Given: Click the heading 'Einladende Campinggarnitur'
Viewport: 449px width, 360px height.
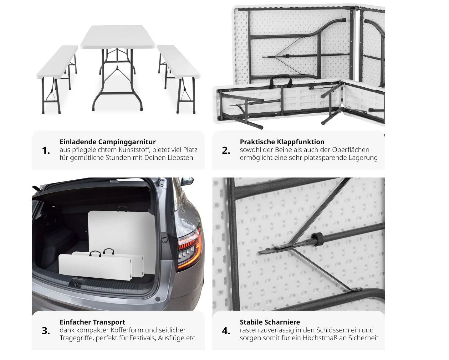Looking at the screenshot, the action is (x=108, y=142).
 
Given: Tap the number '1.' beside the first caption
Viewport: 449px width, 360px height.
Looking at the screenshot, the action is (x=46, y=150).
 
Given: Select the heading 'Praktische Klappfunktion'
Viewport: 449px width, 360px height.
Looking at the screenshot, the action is (x=282, y=142).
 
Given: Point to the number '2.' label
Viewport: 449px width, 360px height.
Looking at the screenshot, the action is (x=226, y=150).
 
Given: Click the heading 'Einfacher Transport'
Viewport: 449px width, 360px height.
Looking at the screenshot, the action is (x=92, y=322).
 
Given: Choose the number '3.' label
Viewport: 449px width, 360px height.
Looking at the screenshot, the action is (x=46, y=331).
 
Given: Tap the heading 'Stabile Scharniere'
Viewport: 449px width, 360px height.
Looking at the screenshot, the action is (x=270, y=322).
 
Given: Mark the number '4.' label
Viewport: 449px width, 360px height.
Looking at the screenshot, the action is (x=226, y=331).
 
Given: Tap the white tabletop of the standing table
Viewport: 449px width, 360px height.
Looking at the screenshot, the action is (x=118, y=37).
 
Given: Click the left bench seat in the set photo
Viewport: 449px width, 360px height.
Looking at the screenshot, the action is (x=57, y=62).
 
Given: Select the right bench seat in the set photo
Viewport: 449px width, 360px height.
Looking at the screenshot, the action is (x=178, y=61).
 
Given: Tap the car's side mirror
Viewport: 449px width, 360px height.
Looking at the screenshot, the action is (x=187, y=181).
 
